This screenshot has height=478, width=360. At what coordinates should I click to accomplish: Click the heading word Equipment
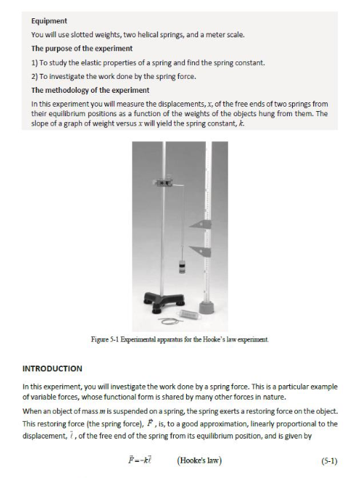pyautogui.click(x=49, y=21)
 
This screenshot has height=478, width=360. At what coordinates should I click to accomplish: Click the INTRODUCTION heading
pyautogui.click(x=53, y=368)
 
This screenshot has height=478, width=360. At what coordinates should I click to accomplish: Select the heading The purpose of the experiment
pyautogui.click(x=82, y=49)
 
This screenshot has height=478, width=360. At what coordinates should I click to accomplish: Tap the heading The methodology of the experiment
pyautogui.click(x=91, y=90)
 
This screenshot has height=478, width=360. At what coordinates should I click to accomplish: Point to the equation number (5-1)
pyautogui.click(x=329, y=461)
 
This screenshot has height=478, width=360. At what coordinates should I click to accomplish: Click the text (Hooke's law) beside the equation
pyautogui.click(x=199, y=460)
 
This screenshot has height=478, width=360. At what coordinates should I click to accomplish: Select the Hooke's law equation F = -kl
pyautogui.click(x=140, y=460)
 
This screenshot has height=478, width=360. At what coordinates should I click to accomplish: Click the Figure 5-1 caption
pyautogui.click(x=180, y=339)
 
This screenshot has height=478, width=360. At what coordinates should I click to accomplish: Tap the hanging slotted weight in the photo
pyautogui.click(x=182, y=266)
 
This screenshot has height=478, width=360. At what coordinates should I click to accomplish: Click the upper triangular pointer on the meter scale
pyautogui.click(x=201, y=225)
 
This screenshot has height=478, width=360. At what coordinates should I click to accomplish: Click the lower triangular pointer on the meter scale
pyautogui.click(x=201, y=251)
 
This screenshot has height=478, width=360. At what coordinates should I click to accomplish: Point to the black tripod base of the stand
pyautogui.click(x=164, y=302)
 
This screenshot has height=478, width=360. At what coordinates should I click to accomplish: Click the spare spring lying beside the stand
pyautogui.click(x=190, y=314)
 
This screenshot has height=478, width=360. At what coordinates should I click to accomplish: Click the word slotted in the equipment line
pyautogui.click(x=80, y=35)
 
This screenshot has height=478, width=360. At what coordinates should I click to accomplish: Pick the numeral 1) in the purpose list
pyautogui.click(x=34, y=63)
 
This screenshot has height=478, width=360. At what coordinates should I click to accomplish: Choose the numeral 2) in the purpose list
pyautogui.click(x=34, y=77)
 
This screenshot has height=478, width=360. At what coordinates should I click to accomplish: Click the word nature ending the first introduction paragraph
pyautogui.click(x=275, y=397)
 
